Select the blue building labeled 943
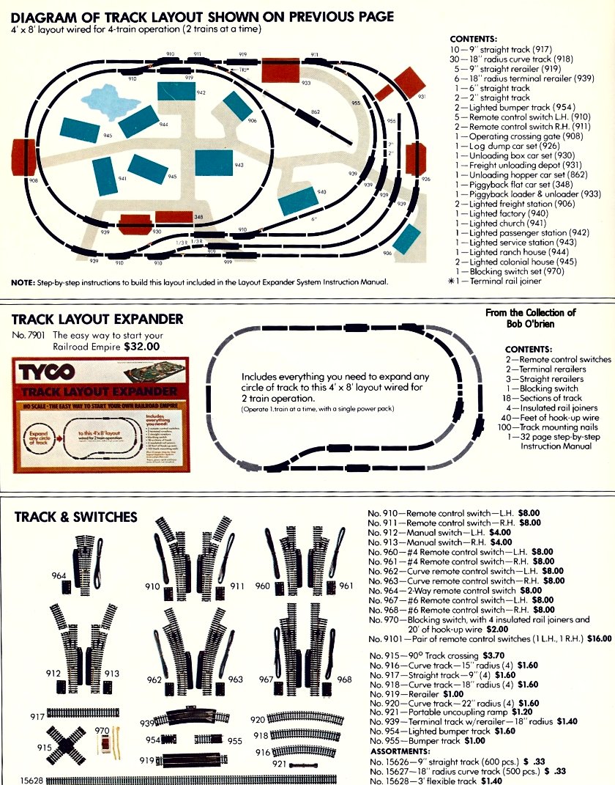[x=214, y=165]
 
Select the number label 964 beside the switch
[x=59, y=576]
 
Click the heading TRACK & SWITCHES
[x=75, y=517]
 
